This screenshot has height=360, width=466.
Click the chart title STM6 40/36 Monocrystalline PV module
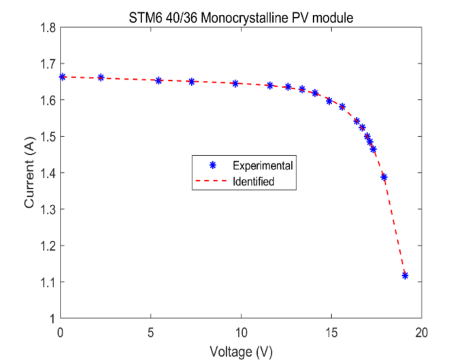point(242,18)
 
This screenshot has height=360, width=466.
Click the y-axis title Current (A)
point(29,173)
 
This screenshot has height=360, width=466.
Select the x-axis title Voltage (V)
point(242,352)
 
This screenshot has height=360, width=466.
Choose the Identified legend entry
point(254,182)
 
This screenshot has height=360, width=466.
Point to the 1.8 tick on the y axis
point(47,27)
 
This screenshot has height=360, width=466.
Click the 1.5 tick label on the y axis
point(47,136)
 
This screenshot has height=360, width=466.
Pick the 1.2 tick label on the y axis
point(47,246)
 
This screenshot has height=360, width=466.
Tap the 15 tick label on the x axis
point(331,331)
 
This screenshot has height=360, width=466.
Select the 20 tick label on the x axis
point(421,331)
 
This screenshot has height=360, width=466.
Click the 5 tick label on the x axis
point(151,331)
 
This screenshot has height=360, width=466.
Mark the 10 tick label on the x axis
point(241,331)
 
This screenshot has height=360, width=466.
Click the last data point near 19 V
point(405,275)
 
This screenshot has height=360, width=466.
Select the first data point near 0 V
point(63,77)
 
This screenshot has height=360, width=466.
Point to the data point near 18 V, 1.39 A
point(384,177)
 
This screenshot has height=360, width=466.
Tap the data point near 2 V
point(101,78)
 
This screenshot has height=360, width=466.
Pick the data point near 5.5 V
point(159,80)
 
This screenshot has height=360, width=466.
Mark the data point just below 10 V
point(235,84)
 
